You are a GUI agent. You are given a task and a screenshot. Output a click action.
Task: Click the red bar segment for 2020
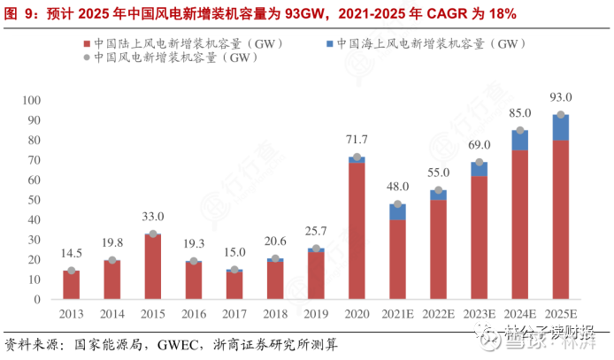pos(357,230)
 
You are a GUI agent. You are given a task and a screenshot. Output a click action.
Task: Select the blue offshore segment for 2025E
pos(560,127)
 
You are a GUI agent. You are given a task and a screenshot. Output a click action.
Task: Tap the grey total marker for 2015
pos(152,234)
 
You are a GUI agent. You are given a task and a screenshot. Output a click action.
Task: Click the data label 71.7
pos(357,140)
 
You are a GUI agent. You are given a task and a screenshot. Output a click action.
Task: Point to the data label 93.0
pos(561,97)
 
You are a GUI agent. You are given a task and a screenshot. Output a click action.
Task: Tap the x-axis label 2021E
pos(397,313)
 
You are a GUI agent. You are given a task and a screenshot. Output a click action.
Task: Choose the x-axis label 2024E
pos(519,313)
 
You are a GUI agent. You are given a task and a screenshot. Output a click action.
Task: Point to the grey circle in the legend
pos(86,57)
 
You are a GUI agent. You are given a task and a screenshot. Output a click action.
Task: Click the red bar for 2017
pos(234,285)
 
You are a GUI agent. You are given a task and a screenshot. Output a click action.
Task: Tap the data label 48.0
pos(397,187)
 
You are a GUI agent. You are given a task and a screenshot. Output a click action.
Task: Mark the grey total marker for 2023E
pos(479,163)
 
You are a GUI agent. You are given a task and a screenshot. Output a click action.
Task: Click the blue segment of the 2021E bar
pos(397,211)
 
